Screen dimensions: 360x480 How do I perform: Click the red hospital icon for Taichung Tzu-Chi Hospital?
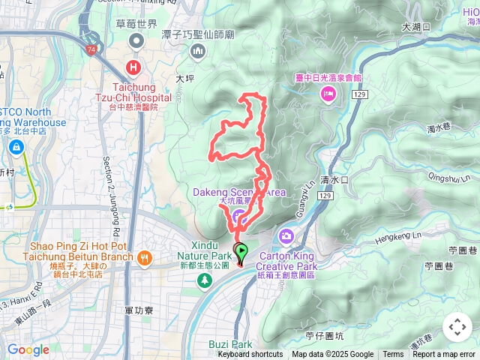(x=134, y=67)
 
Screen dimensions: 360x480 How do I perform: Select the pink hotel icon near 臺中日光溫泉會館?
(x=328, y=92)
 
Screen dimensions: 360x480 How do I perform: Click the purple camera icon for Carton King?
(x=286, y=236)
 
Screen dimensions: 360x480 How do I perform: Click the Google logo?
(x=28, y=349)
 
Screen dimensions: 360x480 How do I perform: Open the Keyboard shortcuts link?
(x=250, y=355)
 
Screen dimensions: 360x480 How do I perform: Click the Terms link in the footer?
(x=393, y=355)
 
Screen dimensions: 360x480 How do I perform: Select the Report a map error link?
(x=445, y=355)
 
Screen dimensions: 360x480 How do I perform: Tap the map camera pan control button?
(x=457, y=327)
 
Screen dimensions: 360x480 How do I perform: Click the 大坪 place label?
(x=184, y=77)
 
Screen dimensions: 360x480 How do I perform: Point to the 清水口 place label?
(x=334, y=180)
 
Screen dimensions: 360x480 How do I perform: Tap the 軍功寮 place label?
(x=139, y=309)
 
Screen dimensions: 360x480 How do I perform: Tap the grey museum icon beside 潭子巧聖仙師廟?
(x=198, y=51)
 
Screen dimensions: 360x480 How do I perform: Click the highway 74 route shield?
(x=90, y=49)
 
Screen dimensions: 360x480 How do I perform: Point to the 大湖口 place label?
(x=416, y=26)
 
